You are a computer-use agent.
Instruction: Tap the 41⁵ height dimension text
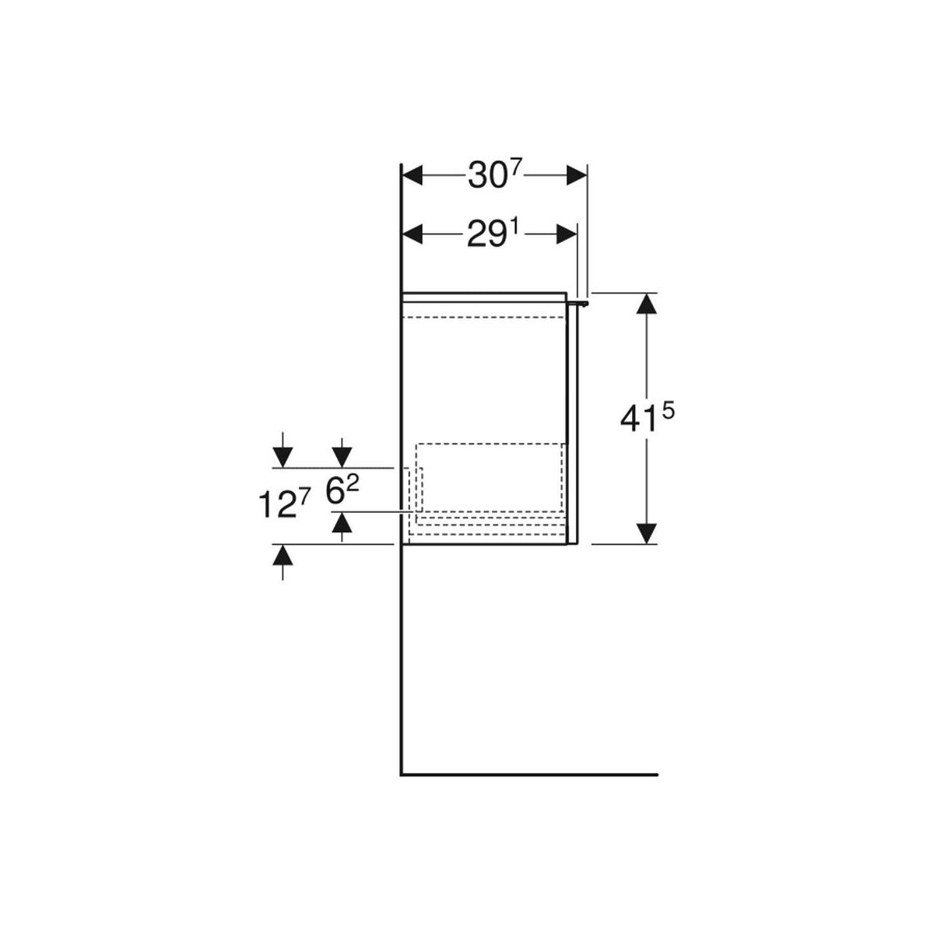(x=647, y=418)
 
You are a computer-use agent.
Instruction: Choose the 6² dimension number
(x=342, y=490)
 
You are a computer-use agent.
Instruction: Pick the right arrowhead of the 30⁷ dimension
(x=576, y=175)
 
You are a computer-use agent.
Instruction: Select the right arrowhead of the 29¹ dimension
(x=567, y=235)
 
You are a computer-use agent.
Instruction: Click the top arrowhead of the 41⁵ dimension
(x=647, y=304)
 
